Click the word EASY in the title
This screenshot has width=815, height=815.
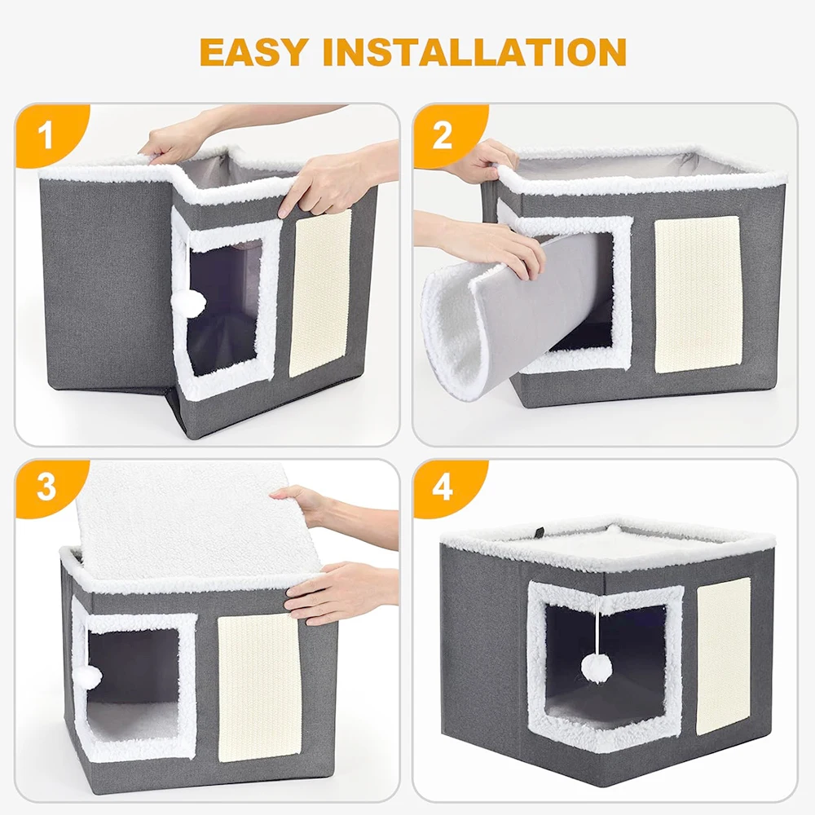pyautogui.click(x=253, y=51)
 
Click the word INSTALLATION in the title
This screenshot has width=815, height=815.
pyautogui.click(x=474, y=51)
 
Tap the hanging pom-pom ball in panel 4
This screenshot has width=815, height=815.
pyautogui.click(x=596, y=667)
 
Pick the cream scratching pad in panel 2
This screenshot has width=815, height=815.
pyautogui.click(x=697, y=294)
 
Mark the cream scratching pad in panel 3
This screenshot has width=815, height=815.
pyautogui.click(x=259, y=687)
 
